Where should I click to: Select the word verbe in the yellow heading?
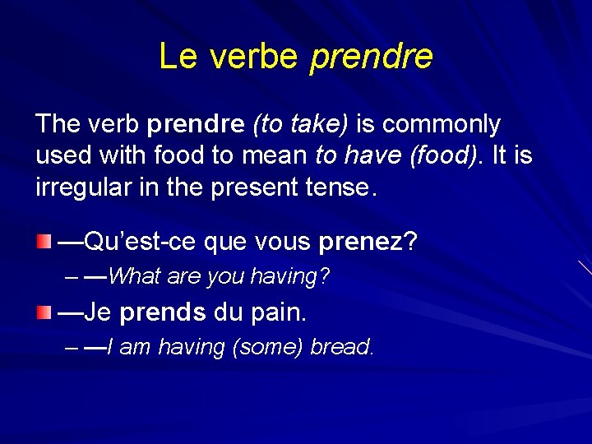coord(255,56)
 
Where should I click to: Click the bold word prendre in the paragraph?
coord(196,125)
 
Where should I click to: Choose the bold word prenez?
coord(362,243)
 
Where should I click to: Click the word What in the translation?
coord(134,277)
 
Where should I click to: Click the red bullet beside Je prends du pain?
coord(44,312)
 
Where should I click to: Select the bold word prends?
coord(163,313)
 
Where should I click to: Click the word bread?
coord(341,348)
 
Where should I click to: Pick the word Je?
coord(97,313)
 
